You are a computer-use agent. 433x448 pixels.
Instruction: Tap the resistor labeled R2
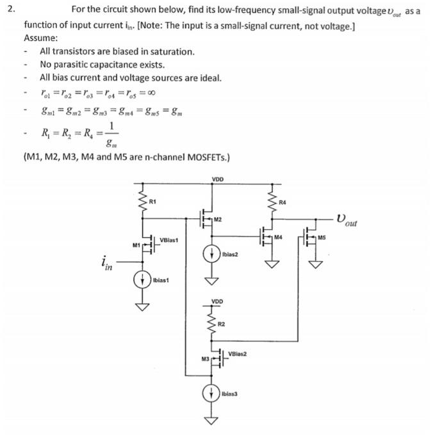coord(209,324)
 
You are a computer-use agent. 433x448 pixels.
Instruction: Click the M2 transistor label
coord(218,220)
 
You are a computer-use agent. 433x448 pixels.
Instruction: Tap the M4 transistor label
coord(277,237)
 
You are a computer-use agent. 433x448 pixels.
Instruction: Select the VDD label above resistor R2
coord(218,301)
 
